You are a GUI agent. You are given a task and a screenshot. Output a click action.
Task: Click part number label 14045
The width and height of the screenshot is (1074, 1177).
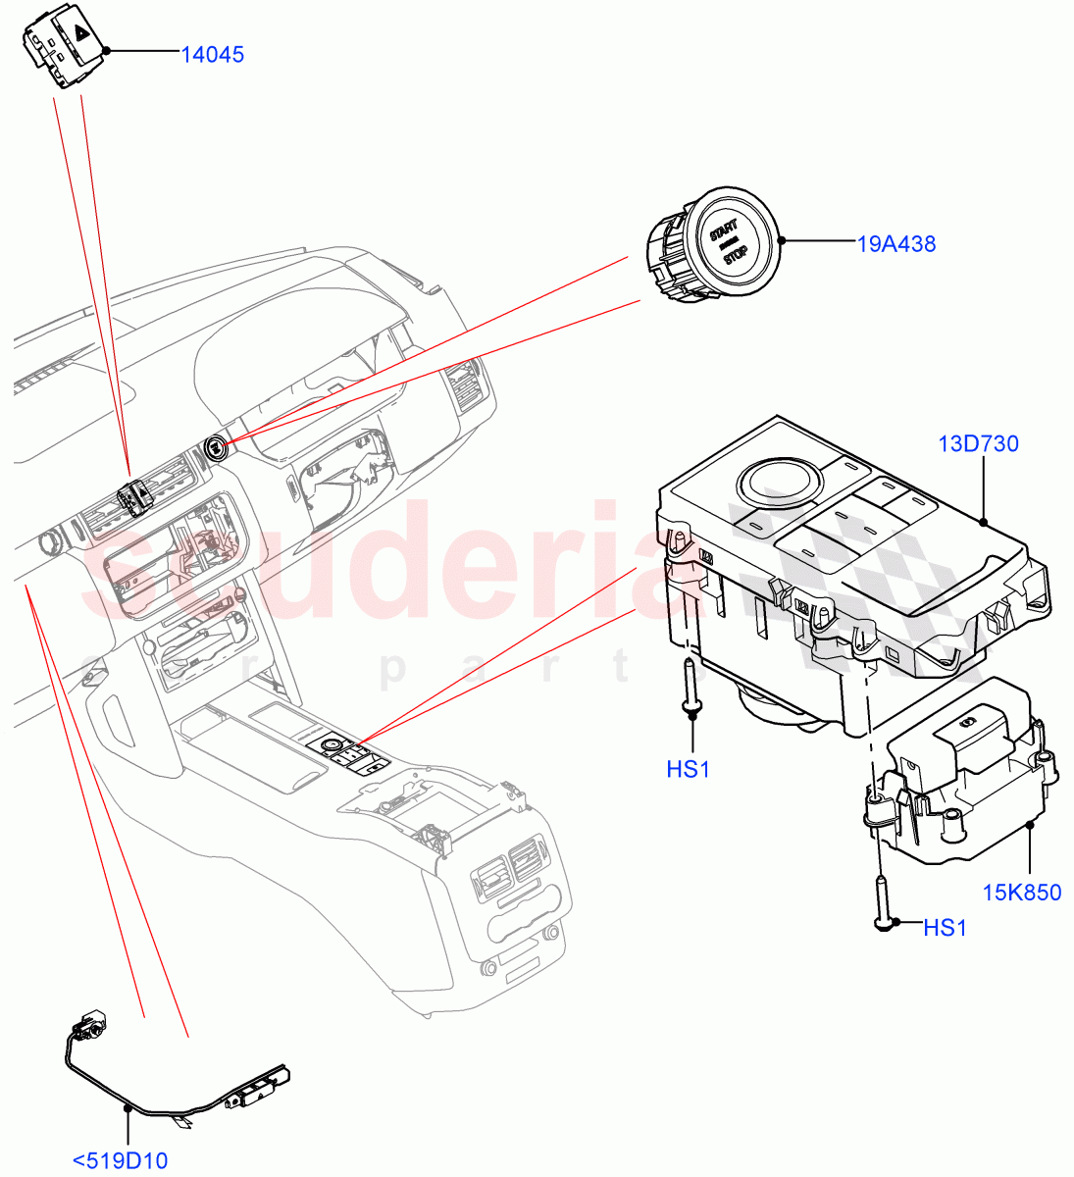pyautogui.click(x=212, y=54)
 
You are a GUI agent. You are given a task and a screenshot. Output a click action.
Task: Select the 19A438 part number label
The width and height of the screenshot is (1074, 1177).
pyautogui.click(x=896, y=243)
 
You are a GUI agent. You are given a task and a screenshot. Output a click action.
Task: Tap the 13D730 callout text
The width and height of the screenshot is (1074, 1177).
pyautogui.click(x=978, y=443)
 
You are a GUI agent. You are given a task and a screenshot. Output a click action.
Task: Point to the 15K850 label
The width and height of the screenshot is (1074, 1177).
pyautogui.click(x=1022, y=893)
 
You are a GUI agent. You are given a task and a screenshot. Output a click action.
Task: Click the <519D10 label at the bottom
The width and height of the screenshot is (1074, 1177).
pyautogui.click(x=120, y=1161)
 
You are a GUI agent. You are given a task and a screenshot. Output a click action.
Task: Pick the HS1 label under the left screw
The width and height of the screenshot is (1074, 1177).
pyautogui.click(x=688, y=770)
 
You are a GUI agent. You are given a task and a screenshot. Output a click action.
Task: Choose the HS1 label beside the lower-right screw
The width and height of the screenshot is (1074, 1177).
pyautogui.click(x=945, y=927)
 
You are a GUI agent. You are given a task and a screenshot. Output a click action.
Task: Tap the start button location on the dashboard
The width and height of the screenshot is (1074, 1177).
pyautogui.click(x=215, y=448)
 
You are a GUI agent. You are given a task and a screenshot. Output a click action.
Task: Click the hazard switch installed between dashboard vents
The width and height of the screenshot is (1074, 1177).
pyautogui.click(x=132, y=498)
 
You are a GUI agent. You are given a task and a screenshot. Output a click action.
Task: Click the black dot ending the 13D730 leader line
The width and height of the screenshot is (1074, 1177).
pyautogui.click(x=983, y=522)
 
